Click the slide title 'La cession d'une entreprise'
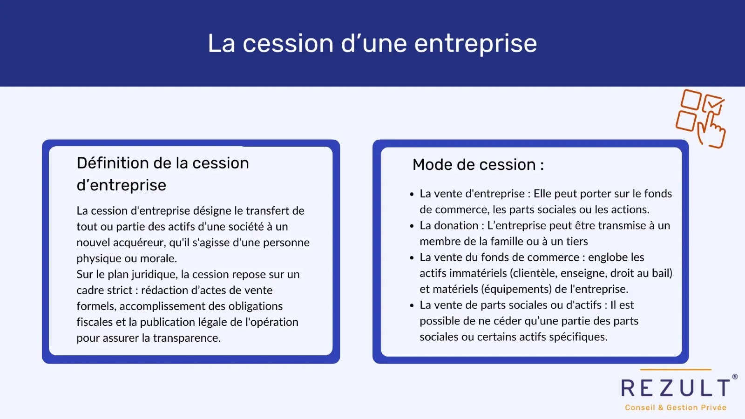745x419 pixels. tap(372, 43)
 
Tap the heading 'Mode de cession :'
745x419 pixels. tap(478, 164)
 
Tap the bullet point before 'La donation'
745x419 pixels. tap(412, 226)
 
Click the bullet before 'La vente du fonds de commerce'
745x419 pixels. tap(412, 258)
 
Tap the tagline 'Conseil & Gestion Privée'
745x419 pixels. tap(675, 407)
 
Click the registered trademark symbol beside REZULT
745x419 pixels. tap(735, 377)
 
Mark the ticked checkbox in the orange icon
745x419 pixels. tap(712, 104)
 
